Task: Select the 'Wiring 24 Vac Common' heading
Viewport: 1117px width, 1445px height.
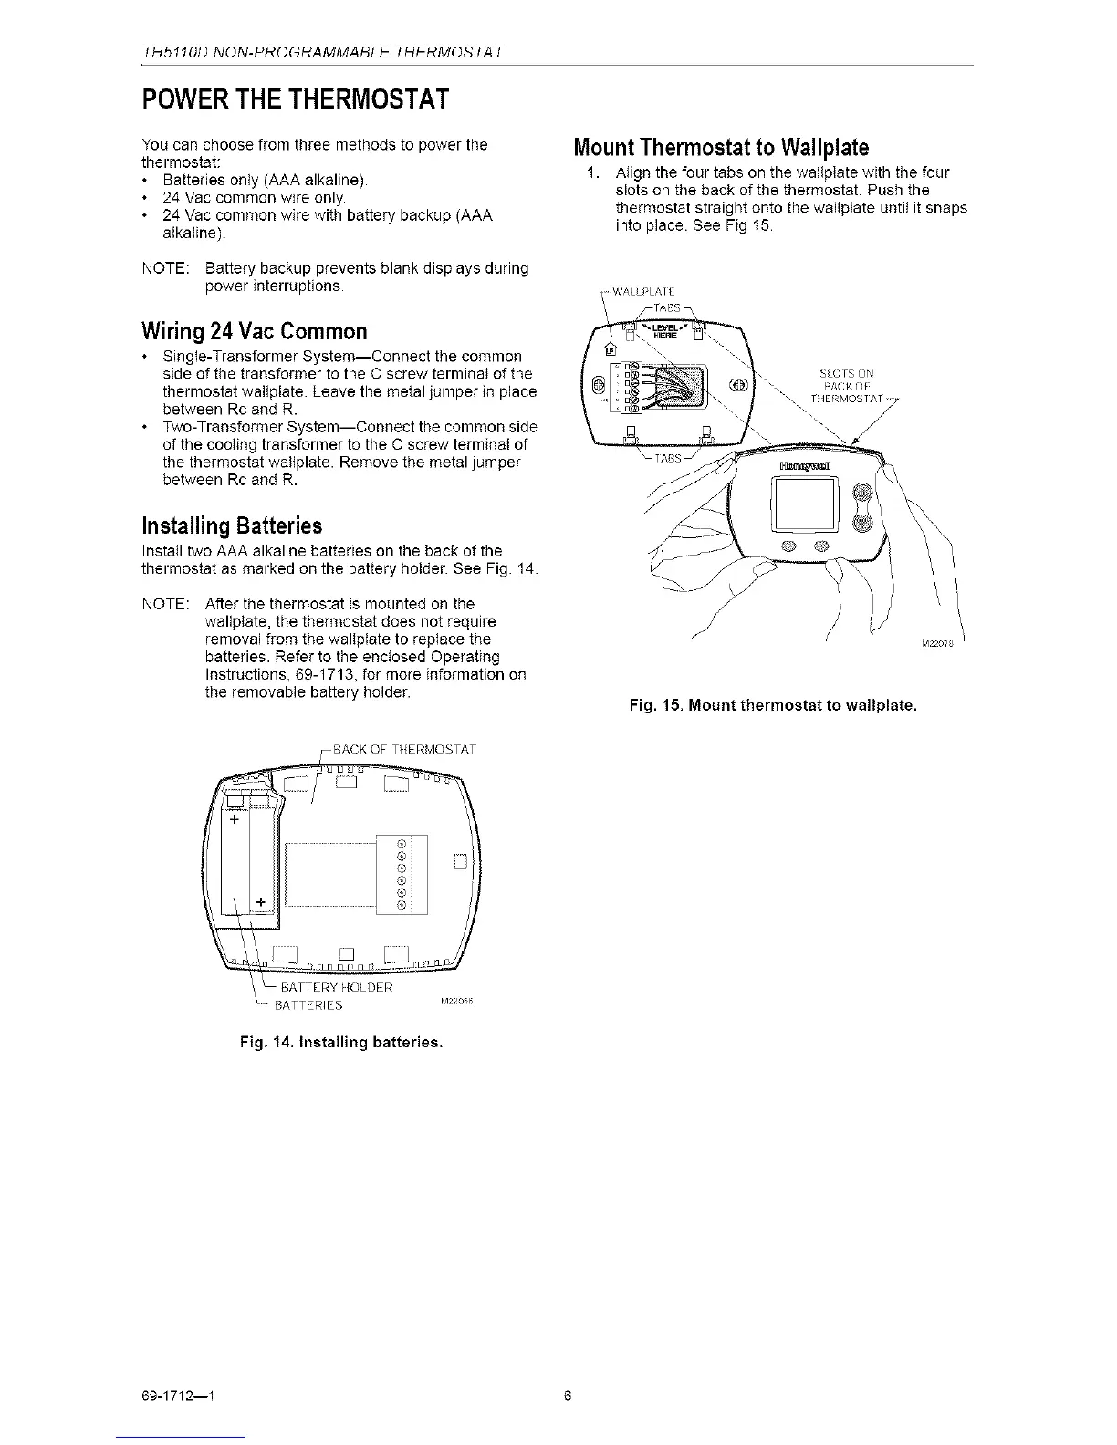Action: coord(255,330)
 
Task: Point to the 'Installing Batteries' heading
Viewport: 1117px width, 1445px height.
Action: coord(232,526)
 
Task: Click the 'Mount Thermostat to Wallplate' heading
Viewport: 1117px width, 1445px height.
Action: coord(720,148)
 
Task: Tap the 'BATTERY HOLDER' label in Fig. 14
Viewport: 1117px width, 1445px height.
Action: coord(336,988)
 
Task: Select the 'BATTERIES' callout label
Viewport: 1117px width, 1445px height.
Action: coord(308,1006)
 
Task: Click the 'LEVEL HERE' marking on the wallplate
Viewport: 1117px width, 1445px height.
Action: coord(671,331)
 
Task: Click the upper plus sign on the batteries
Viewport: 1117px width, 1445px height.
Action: coord(235,819)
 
